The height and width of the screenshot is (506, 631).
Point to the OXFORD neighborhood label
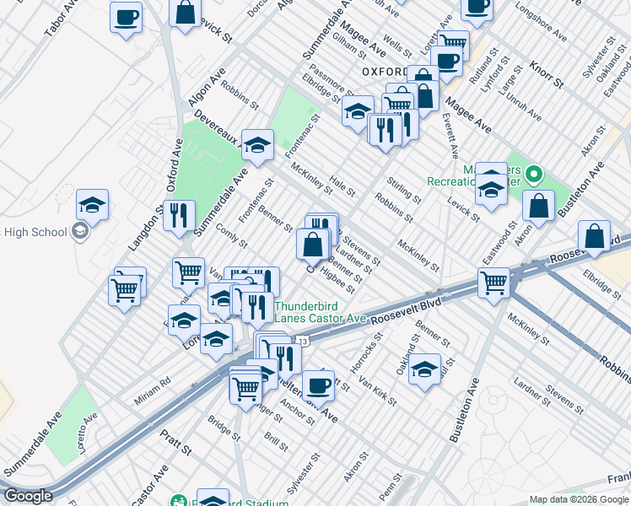pyautogui.click(x=390, y=73)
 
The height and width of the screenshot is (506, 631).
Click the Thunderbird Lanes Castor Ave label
pyautogui.click(x=320, y=312)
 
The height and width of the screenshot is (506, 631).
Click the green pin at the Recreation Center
pyautogui.click(x=532, y=176)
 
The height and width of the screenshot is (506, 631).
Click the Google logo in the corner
pyautogui.click(x=28, y=496)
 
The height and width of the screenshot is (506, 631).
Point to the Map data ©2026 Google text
pyautogui.click(x=578, y=499)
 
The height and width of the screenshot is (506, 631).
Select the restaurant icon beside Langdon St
pyautogui.click(x=179, y=216)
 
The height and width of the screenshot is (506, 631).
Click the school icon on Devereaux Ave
pyautogui.click(x=257, y=146)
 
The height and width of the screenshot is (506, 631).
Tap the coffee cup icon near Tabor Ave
pyautogui.click(x=127, y=16)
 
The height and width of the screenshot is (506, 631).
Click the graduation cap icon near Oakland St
pyautogui.click(x=425, y=369)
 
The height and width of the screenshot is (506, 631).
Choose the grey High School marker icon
pyautogui.click(x=80, y=231)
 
